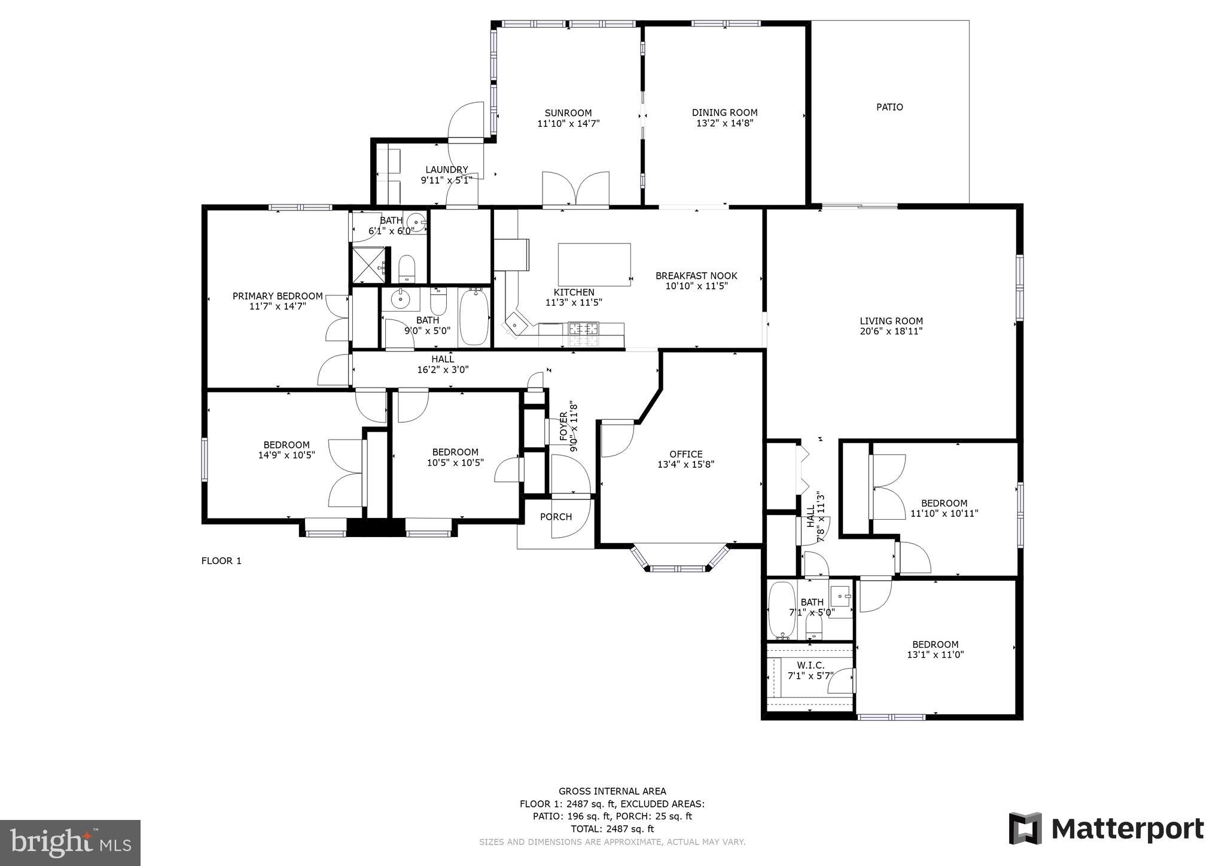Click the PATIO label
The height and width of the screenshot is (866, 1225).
(889, 107)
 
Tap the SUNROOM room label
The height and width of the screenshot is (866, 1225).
(568, 113)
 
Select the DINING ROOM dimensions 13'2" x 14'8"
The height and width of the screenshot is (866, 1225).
(724, 123)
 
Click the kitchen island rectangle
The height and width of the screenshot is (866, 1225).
(594, 264)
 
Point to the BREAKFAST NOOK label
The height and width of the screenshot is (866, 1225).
(696, 276)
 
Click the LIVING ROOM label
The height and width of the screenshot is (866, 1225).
(891, 321)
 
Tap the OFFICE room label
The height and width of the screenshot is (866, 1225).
(686, 454)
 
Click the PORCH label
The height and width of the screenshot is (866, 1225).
(556, 517)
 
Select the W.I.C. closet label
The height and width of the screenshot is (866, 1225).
(810, 665)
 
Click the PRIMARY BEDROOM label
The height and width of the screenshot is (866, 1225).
(278, 296)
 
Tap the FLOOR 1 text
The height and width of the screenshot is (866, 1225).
(221, 560)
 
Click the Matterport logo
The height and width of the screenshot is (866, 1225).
(1106, 828)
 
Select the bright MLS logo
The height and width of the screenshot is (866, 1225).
(70, 843)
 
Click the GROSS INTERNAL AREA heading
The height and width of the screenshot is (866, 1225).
(612, 791)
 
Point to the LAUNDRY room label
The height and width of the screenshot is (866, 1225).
(446, 170)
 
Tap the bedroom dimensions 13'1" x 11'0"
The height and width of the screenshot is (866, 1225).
(935, 654)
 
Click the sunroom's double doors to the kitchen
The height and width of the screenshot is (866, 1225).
(575, 190)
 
